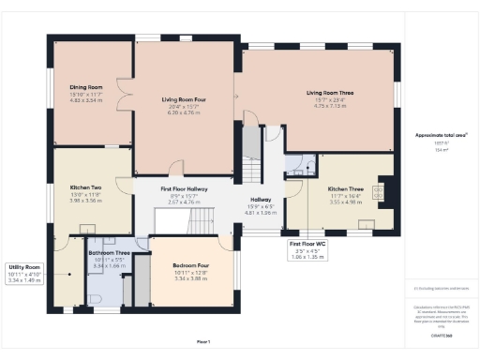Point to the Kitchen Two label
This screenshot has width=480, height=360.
tap(85, 187)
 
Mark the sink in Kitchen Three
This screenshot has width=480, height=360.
tap(365, 223)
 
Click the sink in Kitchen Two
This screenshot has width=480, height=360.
tap(86, 228)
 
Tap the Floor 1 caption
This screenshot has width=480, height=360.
tap(203, 340)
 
